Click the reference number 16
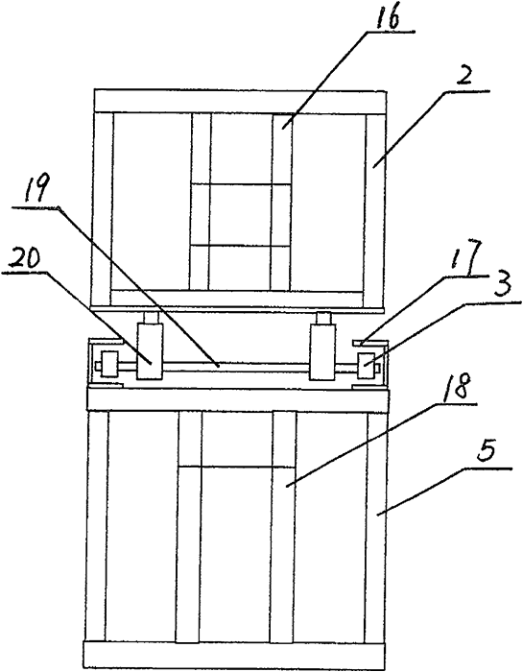(388, 17)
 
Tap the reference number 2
(464, 78)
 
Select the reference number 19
(36, 189)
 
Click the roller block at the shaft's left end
(108, 364)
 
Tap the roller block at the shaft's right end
(367, 366)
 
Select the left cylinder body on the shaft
(150, 351)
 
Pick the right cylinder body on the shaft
(322, 351)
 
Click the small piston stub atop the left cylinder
(151, 318)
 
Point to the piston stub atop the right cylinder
(323, 318)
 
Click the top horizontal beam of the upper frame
(240, 101)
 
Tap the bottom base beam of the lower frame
(236, 654)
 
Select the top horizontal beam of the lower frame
(238, 400)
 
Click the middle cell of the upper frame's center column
(241, 215)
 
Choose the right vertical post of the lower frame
(376, 526)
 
